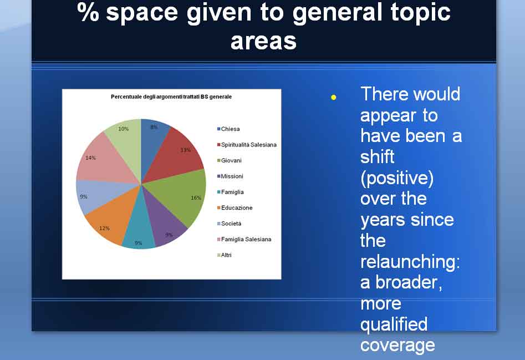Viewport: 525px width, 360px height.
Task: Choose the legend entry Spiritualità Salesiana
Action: click(247, 145)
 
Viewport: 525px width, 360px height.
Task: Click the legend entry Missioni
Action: click(230, 176)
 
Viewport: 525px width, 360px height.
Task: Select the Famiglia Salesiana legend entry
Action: click(244, 239)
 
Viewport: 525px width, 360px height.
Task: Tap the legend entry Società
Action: click(229, 224)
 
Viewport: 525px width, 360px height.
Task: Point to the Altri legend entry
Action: click(225, 255)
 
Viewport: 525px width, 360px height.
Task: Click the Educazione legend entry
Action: click(235, 207)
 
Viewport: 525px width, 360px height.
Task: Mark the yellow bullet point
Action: click(334, 98)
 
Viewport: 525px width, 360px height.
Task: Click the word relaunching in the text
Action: click(410, 262)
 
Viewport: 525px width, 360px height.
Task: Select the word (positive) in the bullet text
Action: click(397, 178)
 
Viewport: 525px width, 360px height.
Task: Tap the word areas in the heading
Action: click(264, 42)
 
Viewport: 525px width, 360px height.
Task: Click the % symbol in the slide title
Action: click(88, 12)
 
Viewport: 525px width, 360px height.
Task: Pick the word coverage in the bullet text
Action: click(397, 346)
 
